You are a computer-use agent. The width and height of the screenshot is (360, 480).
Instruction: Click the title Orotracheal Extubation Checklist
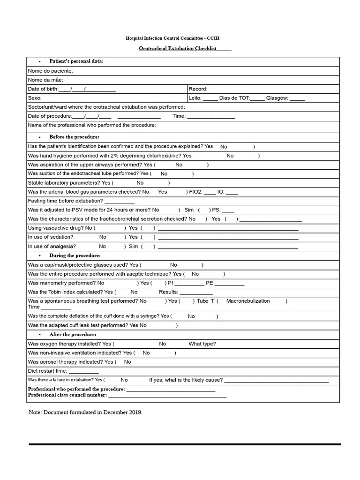coord(178,49)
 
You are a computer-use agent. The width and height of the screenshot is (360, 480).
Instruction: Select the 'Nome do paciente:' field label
coord(50,71)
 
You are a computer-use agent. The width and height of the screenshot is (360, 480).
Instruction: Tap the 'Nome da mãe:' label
coord(46,80)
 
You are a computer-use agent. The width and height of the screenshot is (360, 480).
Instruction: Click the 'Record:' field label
coord(198,89)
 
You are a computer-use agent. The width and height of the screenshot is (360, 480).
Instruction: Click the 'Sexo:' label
coord(35,98)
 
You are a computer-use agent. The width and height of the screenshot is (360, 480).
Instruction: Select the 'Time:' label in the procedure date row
coord(179,116)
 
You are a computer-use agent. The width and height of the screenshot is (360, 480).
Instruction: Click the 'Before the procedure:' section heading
coord(74,137)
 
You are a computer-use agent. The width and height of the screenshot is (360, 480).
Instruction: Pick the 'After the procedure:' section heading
coord(73,334)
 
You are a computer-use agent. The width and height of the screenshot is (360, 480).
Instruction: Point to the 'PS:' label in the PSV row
coord(216,210)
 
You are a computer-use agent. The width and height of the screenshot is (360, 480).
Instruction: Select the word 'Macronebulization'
coord(248,301)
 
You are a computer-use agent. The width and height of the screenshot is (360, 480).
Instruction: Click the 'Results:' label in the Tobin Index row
coord(169,292)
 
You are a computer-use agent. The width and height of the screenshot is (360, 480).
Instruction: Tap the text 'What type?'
coord(202,344)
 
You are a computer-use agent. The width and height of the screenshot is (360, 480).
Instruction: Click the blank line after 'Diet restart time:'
coord(83,371)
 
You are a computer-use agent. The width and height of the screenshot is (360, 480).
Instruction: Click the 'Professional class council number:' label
coord(67,395)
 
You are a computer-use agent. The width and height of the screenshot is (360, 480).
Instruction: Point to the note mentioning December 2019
coord(85,412)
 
